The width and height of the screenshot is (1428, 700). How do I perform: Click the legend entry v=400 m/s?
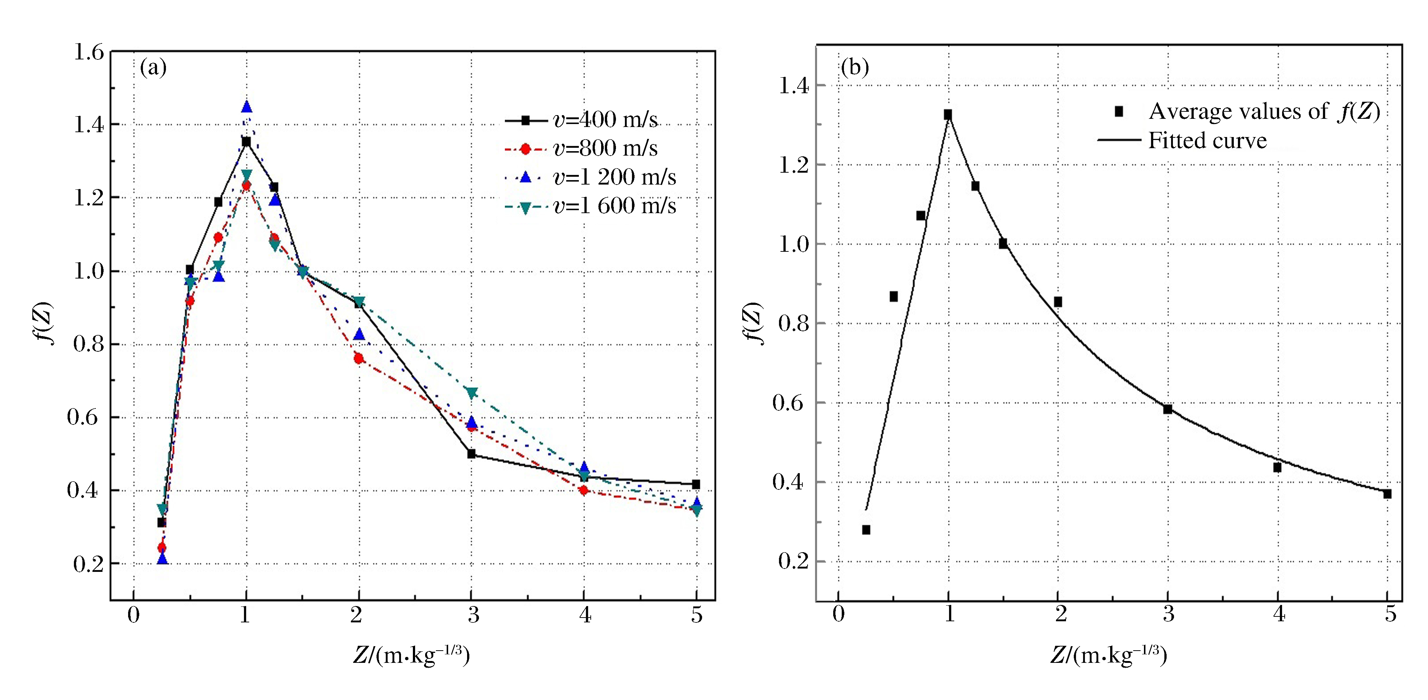[x=604, y=120]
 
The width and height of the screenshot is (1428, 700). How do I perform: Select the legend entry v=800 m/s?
[x=604, y=149]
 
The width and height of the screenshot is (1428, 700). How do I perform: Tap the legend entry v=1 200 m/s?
[x=614, y=178]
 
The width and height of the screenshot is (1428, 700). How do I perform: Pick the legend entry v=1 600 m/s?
[x=614, y=206]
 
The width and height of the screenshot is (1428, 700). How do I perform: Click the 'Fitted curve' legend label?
[x=1207, y=141]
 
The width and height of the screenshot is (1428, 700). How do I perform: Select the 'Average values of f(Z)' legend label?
[x=1264, y=112]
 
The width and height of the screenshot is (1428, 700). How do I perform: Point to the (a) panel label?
[x=153, y=68]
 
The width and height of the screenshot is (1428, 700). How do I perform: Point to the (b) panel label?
[x=855, y=68]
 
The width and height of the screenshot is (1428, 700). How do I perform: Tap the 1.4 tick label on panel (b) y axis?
[x=794, y=87]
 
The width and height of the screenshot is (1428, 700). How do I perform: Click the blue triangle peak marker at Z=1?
[x=247, y=107]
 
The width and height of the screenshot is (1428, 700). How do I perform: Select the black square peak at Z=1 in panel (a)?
[x=246, y=142]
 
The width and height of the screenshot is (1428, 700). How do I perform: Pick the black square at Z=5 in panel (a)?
[x=696, y=484]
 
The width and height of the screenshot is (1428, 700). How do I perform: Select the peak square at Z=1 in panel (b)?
[x=948, y=114]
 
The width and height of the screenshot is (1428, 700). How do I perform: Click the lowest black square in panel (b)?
[x=866, y=530]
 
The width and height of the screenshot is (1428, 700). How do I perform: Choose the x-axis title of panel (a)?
[x=411, y=655]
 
